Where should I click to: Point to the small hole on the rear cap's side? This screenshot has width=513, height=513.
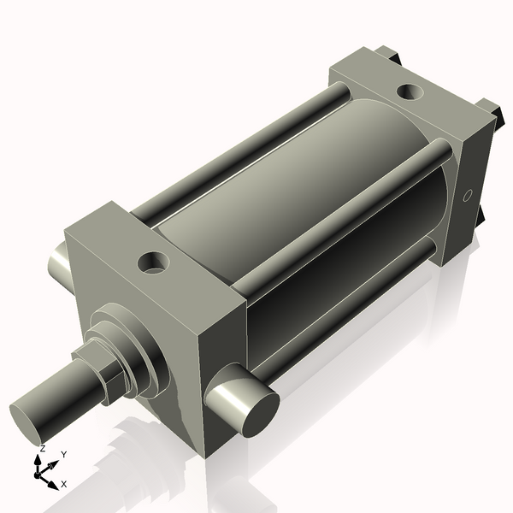[x=467, y=196]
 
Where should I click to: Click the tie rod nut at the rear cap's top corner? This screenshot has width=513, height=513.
[x=394, y=56]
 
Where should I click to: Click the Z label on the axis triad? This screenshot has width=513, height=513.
[x=43, y=448]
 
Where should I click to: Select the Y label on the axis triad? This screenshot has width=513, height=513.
[x=63, y=454]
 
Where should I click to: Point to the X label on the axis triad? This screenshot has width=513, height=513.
[x=64, y=483]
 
